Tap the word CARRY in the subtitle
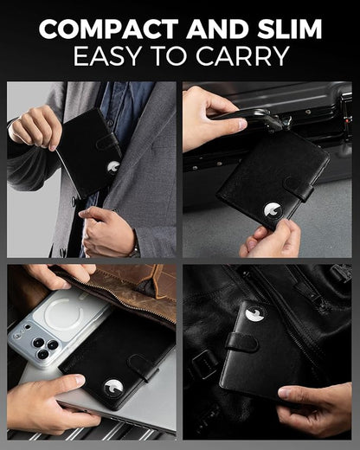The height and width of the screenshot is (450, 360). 242,55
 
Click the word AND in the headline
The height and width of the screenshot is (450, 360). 218,29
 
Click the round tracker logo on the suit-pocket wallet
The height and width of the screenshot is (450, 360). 113,167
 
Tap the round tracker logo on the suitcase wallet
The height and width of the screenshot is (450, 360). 273,210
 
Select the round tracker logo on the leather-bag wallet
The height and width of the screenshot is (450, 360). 254,314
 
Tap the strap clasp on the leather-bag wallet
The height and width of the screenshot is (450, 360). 241,342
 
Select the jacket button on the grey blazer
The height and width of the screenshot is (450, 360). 74,201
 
